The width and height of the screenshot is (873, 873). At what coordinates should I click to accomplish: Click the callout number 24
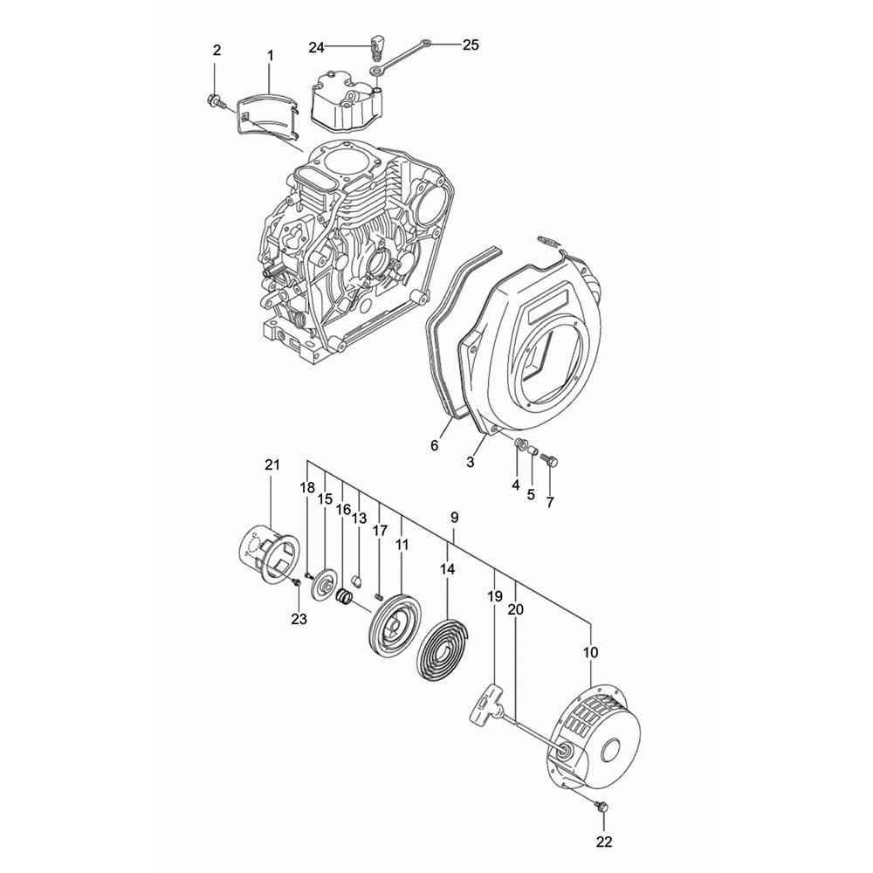[x=316, y=48]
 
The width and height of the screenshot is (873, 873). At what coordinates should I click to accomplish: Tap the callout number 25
[x=471, y=45]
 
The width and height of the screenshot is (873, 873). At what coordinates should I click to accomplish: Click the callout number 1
[x=270, y=56]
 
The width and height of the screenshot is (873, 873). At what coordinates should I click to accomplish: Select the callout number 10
[x=591, y=651]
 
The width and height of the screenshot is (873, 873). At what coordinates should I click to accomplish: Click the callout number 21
[x=272, y=465]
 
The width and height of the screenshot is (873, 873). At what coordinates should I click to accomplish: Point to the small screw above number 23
[x=296, y=581]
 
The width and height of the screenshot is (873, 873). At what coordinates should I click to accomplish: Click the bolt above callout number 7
[x=549, y=460]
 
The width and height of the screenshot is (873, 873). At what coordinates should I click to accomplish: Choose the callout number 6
[x=434, y=445]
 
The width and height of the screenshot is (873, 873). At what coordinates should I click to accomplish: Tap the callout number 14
[x=448, y=569]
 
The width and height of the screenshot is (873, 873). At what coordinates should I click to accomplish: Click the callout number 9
[x=455, y=518]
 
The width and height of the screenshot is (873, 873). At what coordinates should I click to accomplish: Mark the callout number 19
[x=494, y=596]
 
